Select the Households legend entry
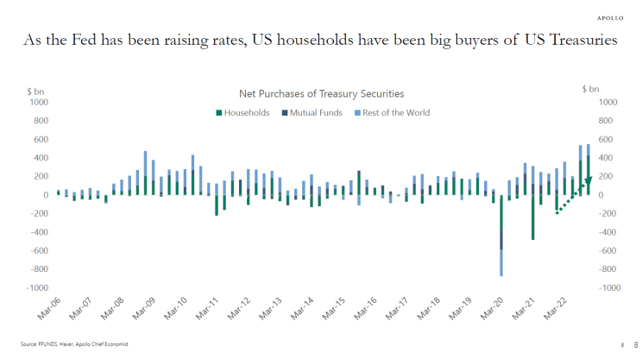pos(246,112)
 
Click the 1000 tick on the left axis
pos(40,102)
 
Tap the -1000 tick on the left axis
pos(38,288)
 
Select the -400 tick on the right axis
pos(607,232)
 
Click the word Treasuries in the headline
pos(583,41)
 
